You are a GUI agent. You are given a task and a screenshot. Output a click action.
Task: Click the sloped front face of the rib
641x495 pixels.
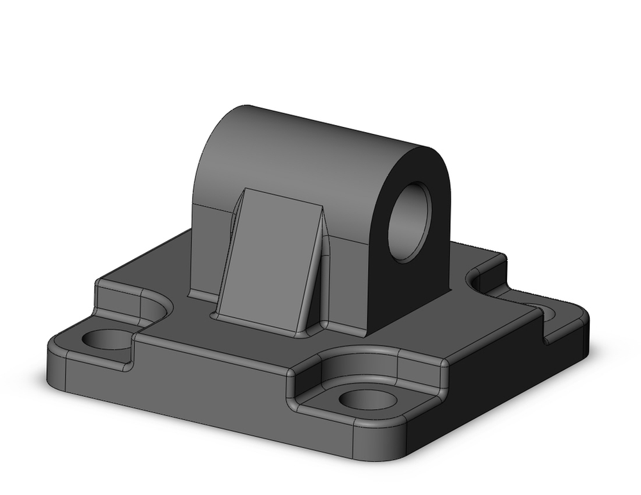[269, 256]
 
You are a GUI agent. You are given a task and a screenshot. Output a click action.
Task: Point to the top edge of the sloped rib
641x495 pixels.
[282, 196]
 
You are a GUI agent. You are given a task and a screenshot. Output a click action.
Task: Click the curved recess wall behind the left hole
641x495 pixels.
[154, 305]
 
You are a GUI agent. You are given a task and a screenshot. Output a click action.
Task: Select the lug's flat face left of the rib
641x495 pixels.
[208, 250]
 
